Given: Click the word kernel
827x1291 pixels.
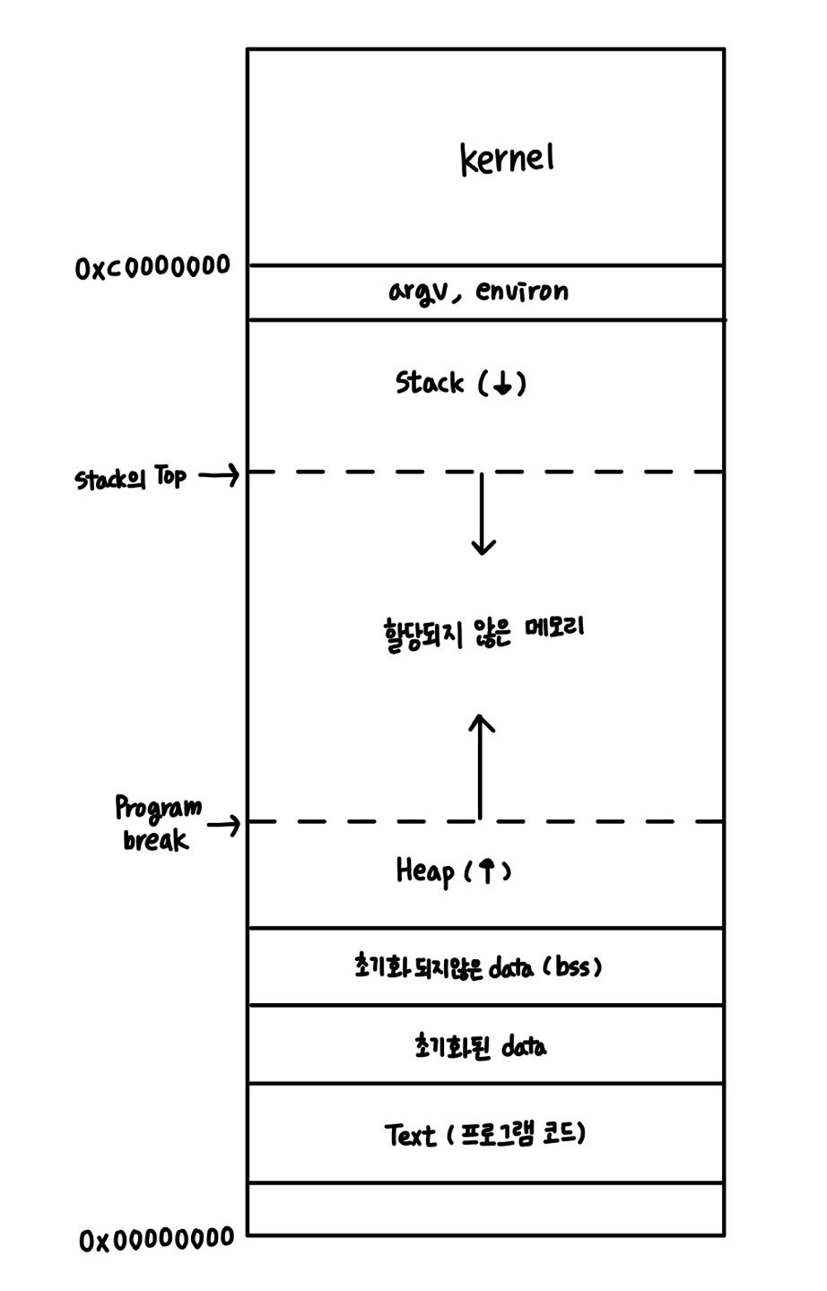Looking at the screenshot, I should pos(508,160).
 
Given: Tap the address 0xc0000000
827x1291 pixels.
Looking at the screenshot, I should pos(152,267).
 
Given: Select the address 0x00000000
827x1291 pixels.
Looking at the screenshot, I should pos(156,1240).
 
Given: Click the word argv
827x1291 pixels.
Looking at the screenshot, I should pos(417,292).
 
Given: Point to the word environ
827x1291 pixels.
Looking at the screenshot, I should pos(522,291).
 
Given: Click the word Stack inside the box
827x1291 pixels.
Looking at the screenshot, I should pos(430,384).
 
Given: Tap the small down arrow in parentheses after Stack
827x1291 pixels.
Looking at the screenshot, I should pos(502,385).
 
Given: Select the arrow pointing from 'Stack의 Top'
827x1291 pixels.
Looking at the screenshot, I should pos(218,476).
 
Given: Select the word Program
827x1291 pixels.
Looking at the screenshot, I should pos(158,810).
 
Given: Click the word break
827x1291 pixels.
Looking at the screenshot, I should pos(156,840).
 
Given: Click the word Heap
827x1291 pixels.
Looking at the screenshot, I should pos(424,871).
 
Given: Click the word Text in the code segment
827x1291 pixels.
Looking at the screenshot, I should pos(410,1136).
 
